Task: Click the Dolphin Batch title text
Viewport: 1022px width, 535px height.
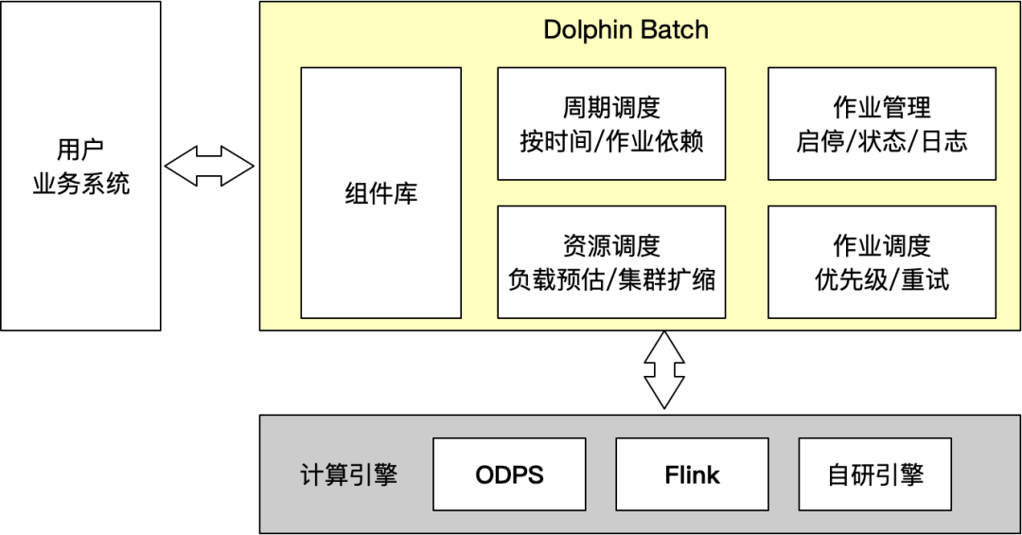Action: (626, 29)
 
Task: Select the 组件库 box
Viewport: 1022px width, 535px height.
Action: (381, 193)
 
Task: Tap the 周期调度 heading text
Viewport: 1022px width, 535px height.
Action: (611, 108)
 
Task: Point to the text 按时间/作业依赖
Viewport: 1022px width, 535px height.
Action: (611, 142)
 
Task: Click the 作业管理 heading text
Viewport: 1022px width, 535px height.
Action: (882, 108)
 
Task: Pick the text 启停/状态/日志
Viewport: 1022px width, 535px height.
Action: (882, 142)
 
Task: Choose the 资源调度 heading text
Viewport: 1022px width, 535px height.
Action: (611, 246)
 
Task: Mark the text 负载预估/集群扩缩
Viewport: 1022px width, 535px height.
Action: (611, 280)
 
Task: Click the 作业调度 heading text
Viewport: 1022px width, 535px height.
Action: (882, 246)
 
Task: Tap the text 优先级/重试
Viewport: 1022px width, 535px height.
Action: (882, 280)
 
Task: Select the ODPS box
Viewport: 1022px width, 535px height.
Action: (509, 474)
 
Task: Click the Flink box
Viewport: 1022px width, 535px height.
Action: (692, 474)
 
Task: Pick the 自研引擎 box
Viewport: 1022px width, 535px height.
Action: (875, 474)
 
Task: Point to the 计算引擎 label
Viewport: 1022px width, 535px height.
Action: (348, 474)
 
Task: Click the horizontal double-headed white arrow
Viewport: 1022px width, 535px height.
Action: (210, 167)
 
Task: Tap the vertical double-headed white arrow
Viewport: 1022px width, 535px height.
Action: (663, 369)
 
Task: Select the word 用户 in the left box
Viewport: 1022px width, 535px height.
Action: (80, 150)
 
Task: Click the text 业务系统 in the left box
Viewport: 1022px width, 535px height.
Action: (80, 184)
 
